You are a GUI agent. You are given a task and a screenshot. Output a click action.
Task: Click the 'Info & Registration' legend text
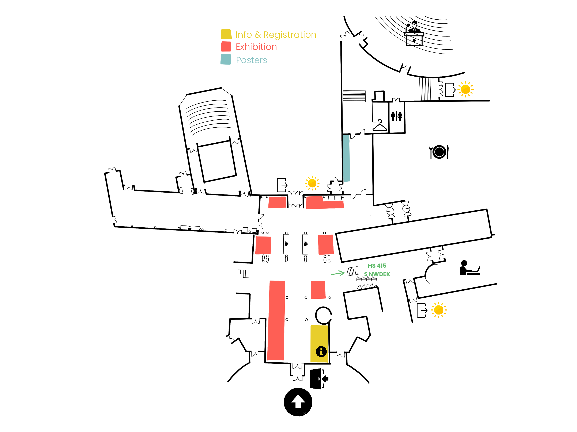tap(276, 35)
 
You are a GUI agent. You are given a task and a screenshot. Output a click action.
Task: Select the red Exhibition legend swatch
tap(226, 47)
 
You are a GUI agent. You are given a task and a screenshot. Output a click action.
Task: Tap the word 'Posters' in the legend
tap(252, 60)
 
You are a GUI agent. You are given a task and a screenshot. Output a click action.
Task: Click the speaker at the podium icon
tap(414, 34)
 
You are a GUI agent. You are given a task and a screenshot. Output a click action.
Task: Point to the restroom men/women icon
tap(396, 116)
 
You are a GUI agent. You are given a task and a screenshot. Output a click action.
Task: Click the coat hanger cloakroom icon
tap(380, 125)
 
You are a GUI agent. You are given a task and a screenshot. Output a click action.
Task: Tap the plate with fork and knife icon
tap(439, 152)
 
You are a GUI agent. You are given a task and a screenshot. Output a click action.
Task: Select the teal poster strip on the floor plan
tap(346, 158)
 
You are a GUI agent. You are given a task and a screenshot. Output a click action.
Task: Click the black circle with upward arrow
tap(298, 402)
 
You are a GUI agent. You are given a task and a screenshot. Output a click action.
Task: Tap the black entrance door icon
tap(319, 379)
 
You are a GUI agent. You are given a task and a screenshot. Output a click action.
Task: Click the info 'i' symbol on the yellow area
tap(321, 351)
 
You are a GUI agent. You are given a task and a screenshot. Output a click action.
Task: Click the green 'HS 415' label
tap(377, 266)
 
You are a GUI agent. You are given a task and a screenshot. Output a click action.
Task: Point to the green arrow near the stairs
tap(338, 273)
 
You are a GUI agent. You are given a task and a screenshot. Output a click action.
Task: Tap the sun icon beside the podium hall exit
tap(465, 89)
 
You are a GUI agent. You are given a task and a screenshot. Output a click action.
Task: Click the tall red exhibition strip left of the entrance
tap(276, 320)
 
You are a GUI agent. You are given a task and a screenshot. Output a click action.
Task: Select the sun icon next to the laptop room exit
tap(438, 310)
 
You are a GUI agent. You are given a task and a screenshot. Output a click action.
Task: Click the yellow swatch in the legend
tap(226, 34)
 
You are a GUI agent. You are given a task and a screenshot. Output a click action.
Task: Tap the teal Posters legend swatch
tap(226, 59)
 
